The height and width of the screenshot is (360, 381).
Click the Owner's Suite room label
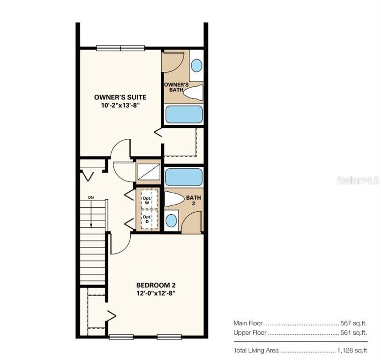point(120,97)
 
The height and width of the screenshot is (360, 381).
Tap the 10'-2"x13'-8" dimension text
point(120,105)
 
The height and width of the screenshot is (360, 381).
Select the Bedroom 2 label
point(156,285)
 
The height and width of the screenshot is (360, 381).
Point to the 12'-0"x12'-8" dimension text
point(156,293)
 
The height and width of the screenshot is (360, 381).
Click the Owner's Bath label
point(176,87)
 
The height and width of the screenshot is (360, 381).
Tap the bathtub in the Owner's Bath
point(184,114)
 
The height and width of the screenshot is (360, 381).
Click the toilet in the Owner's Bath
point(193,93)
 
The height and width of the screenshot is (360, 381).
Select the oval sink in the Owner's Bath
point(196,66)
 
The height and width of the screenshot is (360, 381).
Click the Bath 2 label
point(194,200)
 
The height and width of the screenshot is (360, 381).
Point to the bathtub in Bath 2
point(184,177)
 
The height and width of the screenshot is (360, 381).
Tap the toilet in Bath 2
point(174,199)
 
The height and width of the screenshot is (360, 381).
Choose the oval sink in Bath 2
point(172,220)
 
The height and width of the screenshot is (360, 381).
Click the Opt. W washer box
point(147,200)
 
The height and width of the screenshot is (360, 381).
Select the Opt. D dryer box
point(147,219)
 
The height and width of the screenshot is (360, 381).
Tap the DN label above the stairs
point(91,197)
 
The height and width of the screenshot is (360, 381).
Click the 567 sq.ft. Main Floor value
point(353,323)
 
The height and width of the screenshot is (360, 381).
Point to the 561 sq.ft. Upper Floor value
point(353,332)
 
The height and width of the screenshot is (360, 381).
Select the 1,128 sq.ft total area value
point(352,351)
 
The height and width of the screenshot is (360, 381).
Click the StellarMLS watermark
point(358,180)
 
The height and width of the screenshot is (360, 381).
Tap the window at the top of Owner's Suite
point(120,48)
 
